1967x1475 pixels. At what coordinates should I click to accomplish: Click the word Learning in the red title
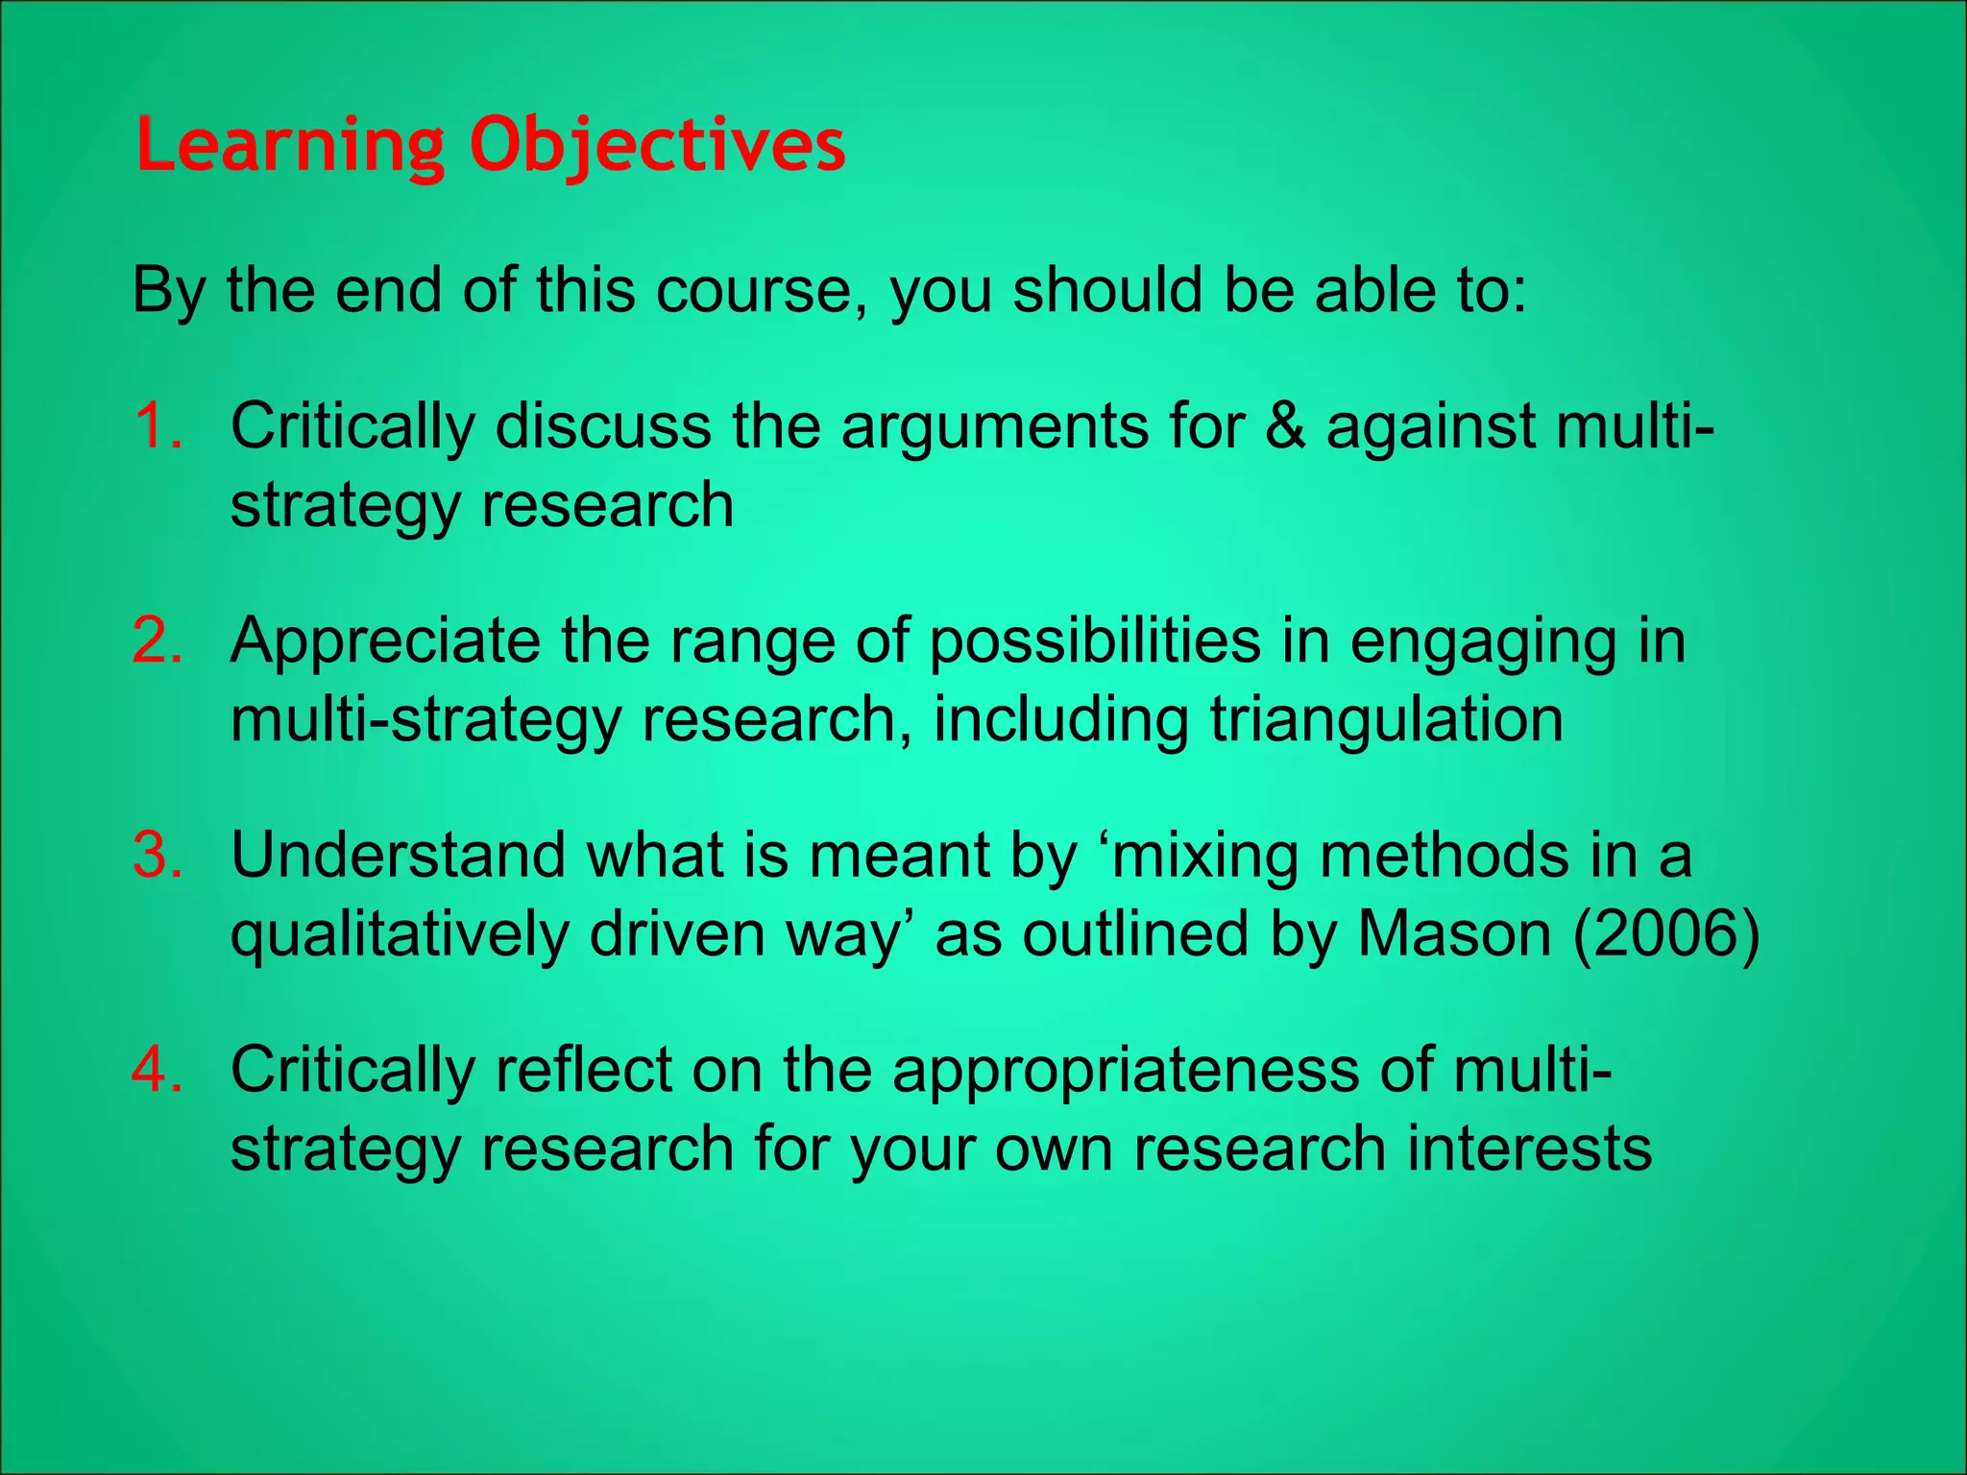click(x=289, y=146)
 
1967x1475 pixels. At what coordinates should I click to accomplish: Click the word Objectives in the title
click(x=657, y=146)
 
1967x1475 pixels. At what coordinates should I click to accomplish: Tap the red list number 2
click(x=158, y=641)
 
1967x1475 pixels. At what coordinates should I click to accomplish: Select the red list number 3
click(x=158, y=855)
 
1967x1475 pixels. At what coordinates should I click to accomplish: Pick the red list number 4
click(x=158, y=1069)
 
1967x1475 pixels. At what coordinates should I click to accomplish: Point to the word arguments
click(x=994, y=427)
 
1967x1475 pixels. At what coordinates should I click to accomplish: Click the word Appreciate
click(x=385, y=642)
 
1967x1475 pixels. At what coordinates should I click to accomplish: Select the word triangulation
click(x=1386, y=719)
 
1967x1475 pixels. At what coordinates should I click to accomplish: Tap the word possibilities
click(x=1095, y=641)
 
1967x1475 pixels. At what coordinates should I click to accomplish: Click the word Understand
click(x=399, y=855)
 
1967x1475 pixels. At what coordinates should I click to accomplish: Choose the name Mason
click(x=1454, y=933)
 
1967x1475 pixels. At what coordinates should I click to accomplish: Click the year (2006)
click(x=1666, y=933)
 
